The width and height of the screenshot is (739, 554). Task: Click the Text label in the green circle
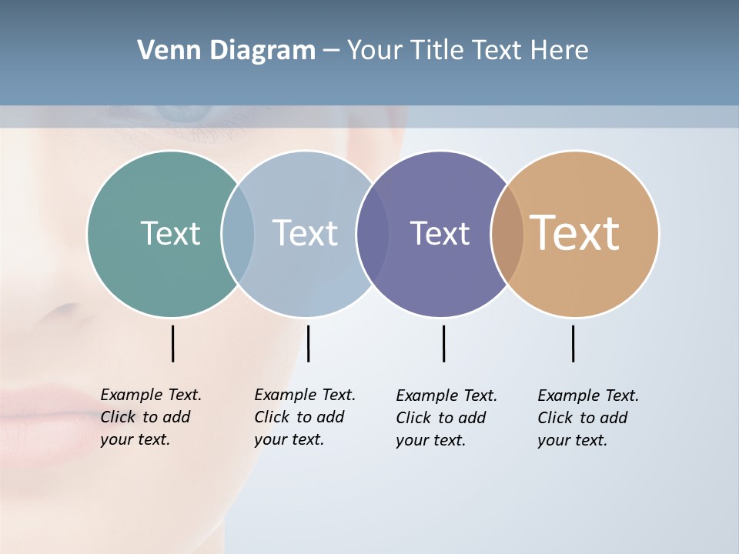(x=170, y=233)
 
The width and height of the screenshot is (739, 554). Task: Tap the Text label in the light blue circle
(x=305, y=233)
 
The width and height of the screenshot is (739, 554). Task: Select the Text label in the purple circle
(x=440, y=234)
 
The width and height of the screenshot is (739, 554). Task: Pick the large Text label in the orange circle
(x=575, y=233)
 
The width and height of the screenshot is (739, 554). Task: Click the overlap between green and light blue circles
(x=238, y=234)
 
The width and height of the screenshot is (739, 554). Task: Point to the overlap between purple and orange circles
(x=507, y=234)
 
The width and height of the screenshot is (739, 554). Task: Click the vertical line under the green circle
(x=172, y=343)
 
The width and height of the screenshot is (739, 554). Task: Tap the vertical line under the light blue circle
(x=308, y=343)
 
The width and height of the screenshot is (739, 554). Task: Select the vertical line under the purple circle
(x=443, y=343)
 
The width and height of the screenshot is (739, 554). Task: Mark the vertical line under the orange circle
(x=573, y=343)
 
